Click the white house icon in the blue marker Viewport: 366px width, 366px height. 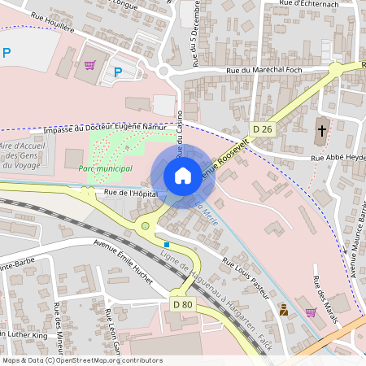pyautogui.click(x=182, y=176)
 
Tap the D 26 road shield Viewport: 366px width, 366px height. pyautogui.click(x=262, y=129)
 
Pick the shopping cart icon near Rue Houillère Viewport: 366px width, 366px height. pyautogui.click(x=89, y=64)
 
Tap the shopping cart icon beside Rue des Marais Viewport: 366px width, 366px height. pyautogui.click(x=310, y=312)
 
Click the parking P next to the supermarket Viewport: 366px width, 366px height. pyautogui.click(x=118, y=72)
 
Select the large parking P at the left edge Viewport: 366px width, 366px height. pyautogui.click(x=7, y=54)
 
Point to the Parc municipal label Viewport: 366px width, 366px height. pyautogui.click(x=105, y=168)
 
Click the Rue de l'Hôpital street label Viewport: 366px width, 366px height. pyautogui.click(x=130, y=193)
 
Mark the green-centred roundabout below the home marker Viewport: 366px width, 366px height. pyautogui.click(x=146, y=225)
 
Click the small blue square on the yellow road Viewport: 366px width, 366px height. pyautogui.click(x=167, y=243)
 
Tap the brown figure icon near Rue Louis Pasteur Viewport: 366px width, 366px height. pyautogui.click(x=283, y=309)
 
